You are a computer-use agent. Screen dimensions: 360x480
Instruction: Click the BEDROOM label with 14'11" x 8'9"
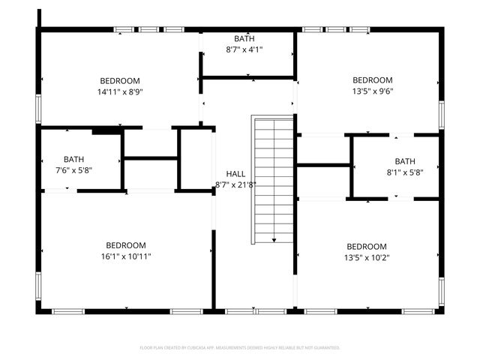pos(121,81)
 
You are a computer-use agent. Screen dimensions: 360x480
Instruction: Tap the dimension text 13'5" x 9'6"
pos(373,91)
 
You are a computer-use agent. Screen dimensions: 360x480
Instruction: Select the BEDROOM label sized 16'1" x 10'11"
pos(125,245)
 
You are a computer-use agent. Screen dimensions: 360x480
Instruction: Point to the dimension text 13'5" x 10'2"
pos(366,257)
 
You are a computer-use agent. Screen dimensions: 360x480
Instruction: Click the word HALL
pos(235,174)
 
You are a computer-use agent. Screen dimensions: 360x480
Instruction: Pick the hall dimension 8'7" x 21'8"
pos(235,184)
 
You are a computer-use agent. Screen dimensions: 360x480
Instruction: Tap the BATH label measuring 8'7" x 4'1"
pos(244,38)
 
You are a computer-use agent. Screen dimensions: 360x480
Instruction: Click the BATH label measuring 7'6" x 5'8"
pos(73,159)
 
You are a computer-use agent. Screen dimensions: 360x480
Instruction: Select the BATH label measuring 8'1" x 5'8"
pos(405,161)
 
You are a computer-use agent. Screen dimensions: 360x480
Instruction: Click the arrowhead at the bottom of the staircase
pos(274,240)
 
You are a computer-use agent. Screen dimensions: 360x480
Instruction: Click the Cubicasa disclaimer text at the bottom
pos(240,348)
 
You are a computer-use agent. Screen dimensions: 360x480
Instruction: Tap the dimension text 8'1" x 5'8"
pos(405,172)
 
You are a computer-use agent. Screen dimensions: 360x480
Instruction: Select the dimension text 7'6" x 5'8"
pos(73,169)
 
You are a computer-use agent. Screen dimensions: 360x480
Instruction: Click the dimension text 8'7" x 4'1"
pos(244,49)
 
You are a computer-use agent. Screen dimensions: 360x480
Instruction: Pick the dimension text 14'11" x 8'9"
pos(121,91)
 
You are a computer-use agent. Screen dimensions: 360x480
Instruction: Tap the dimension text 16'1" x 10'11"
pos(125,256)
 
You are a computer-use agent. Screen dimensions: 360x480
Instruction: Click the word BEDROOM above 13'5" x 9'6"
pos(373,80)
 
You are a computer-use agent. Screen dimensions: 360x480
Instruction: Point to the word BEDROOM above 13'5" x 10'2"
pos(366,246)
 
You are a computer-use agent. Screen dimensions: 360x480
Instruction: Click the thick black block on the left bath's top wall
pos(107,130)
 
